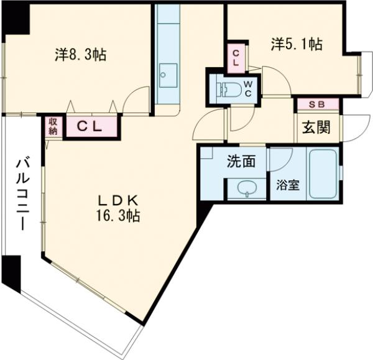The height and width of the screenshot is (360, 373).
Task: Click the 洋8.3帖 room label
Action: [x=80, y=55]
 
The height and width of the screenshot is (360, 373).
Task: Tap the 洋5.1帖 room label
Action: [x=297, y=44]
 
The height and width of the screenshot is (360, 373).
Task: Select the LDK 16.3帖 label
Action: [x=118, y=208]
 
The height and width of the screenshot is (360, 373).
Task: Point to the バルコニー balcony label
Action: [x=22, y=193]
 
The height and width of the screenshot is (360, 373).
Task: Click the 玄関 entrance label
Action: [x=316, y=127]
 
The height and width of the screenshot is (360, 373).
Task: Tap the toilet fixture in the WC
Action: [x=230, y=90]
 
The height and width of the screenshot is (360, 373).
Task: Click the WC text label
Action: [x=248, y=89]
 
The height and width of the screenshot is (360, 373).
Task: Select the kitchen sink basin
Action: [x=168, y=75]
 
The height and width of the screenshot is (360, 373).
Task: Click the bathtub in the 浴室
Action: [x=323, y=173]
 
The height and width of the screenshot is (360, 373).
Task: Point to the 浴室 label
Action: [x=288, y=185]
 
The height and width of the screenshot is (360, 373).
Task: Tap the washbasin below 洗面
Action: [x=247, y=188]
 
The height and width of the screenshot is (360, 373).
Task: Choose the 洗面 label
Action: [x=241, y=161]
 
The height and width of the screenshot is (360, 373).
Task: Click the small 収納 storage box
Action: [x=53, y=126]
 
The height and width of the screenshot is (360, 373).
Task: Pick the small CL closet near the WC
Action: [x=236, y=58]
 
